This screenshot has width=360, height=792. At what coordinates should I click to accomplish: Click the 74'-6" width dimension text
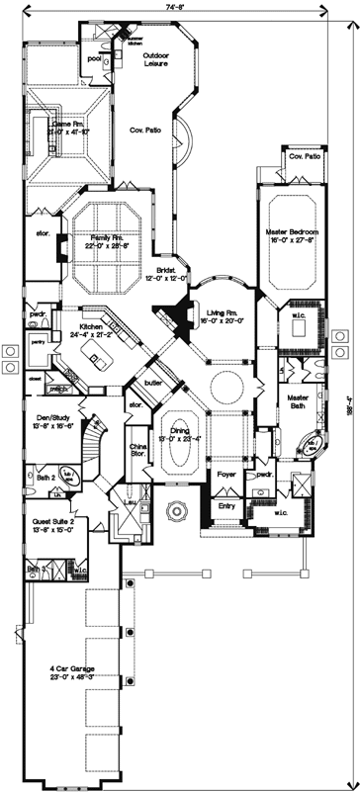pos(178,6)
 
